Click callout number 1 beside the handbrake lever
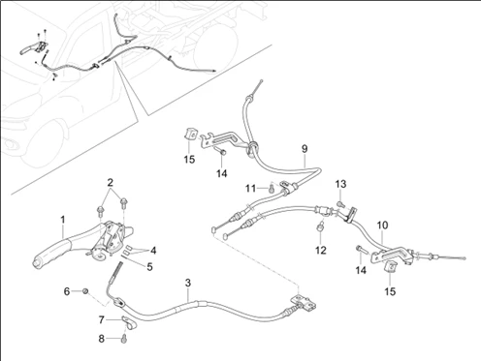[63, 220]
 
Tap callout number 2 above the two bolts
[111, 183]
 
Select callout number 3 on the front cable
[188, 283]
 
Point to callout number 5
[149, 267]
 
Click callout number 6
[67, 291]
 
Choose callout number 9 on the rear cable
[305, 149]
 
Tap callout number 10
[382, 225]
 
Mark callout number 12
[321, 250]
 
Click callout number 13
[340, 184]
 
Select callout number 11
[251, 188]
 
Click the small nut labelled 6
[85, 291]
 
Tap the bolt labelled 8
[125, 339]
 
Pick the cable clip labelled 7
[129, 323]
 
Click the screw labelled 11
[272, 188]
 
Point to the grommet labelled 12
[319, 227]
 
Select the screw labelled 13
[340, 204]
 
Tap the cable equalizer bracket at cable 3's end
[304, 302]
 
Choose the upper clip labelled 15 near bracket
[191, 135]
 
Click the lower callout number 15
[390, 291]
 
